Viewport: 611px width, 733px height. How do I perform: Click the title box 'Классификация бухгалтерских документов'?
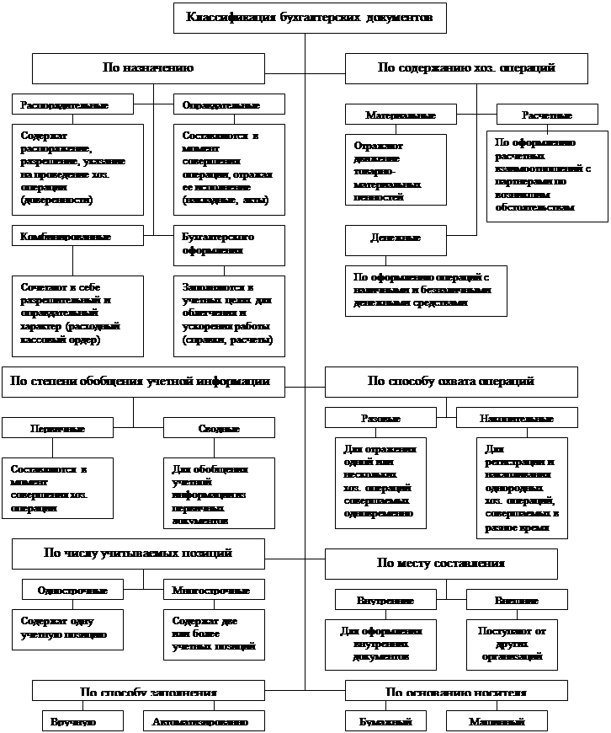click(310, 18)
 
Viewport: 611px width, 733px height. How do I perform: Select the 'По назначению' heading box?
click(148, 68)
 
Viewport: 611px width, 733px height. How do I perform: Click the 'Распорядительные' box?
click(72, 104)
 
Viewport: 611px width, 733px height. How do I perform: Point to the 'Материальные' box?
click(401, 114)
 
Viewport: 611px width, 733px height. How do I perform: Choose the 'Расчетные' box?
click(546, 115)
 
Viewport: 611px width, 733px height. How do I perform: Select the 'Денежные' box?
click(395, 239)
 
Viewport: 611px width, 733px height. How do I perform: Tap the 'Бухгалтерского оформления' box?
click(229, 245)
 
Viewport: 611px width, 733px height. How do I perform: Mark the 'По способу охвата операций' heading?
click(451, 382)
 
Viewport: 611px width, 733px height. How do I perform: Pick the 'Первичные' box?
click(57, 428)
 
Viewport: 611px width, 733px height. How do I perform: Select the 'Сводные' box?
click(219, 428)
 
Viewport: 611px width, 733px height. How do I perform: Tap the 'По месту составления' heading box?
click(441, 564)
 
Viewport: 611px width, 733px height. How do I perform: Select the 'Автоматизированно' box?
click(200, 721)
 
